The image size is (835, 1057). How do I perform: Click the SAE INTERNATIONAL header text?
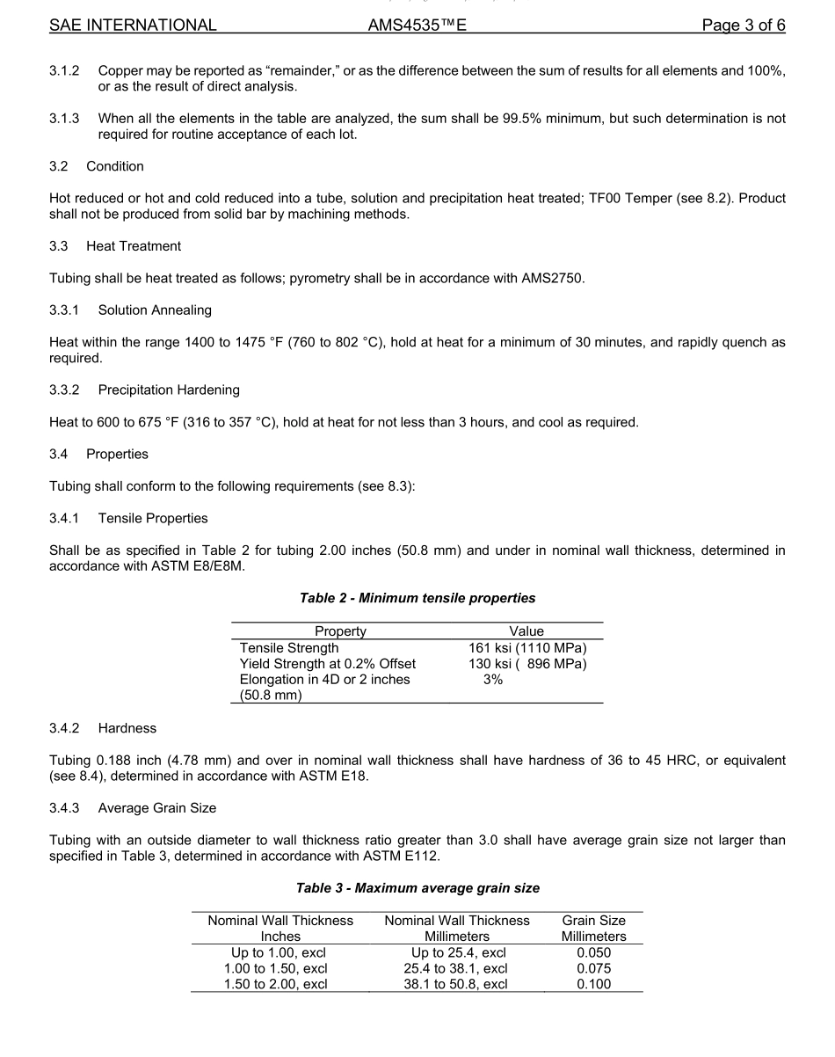(133, 26)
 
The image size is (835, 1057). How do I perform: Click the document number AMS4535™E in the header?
(417, 26)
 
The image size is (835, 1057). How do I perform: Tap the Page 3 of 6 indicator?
(743, 26)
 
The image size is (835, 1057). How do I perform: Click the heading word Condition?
(115, 166)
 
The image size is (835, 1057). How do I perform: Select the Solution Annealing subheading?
(155, 310)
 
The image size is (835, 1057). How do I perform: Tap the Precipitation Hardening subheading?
(169, 390)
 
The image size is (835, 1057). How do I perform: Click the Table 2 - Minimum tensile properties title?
(417, 598)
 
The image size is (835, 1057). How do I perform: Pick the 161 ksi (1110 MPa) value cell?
(527, 648)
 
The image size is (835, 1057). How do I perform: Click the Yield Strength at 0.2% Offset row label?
(328, 664)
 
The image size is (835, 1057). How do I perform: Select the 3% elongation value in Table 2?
(493, 680)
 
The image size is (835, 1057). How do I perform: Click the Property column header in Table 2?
(340, 631)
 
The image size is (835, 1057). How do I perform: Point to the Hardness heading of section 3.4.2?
(127, 728)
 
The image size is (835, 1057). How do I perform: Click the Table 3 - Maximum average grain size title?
(417, 888)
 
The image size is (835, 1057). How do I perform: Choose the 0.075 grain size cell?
(593, 968)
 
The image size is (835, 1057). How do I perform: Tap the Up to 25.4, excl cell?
(458, 952)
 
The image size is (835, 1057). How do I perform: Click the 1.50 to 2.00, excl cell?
(277, 984)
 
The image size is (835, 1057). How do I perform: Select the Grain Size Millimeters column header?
(593, 929)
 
